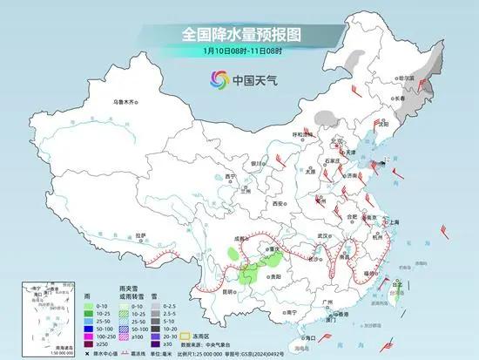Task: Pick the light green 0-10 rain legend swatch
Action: point(90,307)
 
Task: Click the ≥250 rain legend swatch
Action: point(90,343)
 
